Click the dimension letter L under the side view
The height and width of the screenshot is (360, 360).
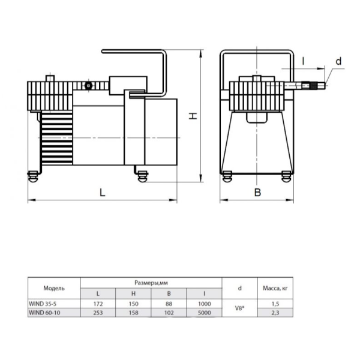tap(103, 192)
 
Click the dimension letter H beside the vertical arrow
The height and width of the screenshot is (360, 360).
tap(193, 116)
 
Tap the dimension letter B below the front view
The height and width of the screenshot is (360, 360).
tap(257, 193)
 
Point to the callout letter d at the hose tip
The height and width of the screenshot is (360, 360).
tap(338, 61)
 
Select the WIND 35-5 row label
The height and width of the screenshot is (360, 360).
tap(43, 304)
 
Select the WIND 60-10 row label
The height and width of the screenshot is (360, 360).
tap(44, 313)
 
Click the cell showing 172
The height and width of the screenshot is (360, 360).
tap(98, 304)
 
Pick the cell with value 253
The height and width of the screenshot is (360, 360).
tap(98, 313)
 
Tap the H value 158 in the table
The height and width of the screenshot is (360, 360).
tap(133, 313)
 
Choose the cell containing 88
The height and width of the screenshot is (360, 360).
tap(169, 304)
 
